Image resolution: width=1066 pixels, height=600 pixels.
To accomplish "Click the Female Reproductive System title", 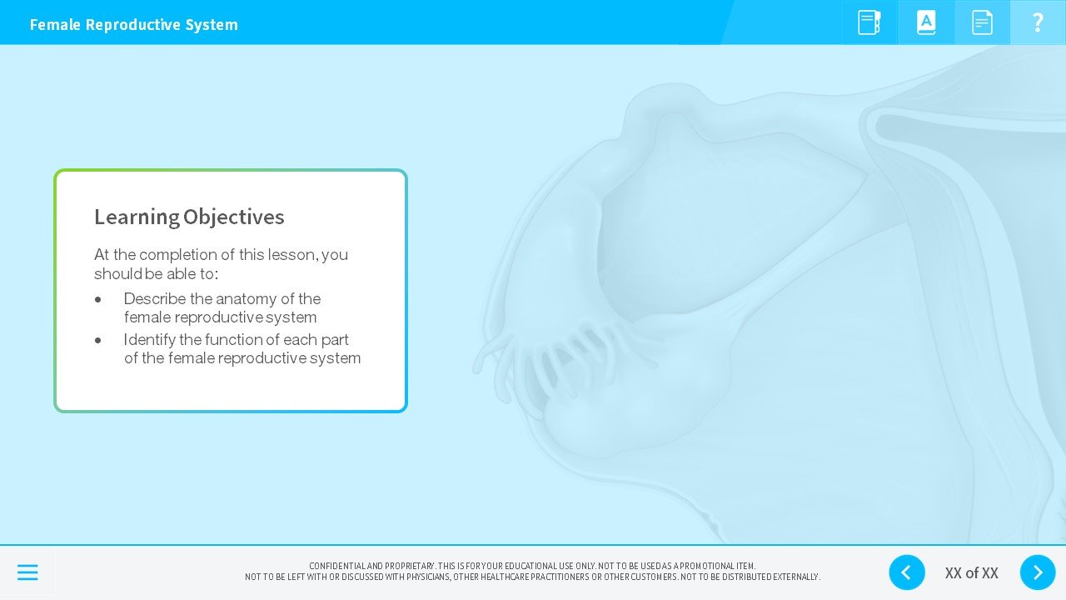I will (x=133, y=25).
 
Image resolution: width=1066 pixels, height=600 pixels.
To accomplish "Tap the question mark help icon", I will (x=1038, y=22).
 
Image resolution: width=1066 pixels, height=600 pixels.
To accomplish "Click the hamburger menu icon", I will (x=27, y=572).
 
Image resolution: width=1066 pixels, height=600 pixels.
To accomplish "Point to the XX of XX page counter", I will (x=971, y=573).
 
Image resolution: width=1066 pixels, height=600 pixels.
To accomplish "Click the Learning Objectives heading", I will (x=189, y=217).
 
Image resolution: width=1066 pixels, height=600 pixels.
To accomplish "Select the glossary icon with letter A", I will (x=926, y=22).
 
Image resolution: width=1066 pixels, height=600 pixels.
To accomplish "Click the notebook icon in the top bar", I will (x=869, y=22).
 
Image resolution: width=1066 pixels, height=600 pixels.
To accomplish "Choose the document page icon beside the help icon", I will (x=982, y=22).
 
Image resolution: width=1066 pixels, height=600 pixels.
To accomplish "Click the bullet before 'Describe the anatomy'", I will (x=98, y=299).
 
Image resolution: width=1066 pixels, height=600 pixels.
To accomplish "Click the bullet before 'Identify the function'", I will (x=98, y=340).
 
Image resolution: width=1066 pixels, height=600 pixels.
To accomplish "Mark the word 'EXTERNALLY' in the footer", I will (x=797, y=577).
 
